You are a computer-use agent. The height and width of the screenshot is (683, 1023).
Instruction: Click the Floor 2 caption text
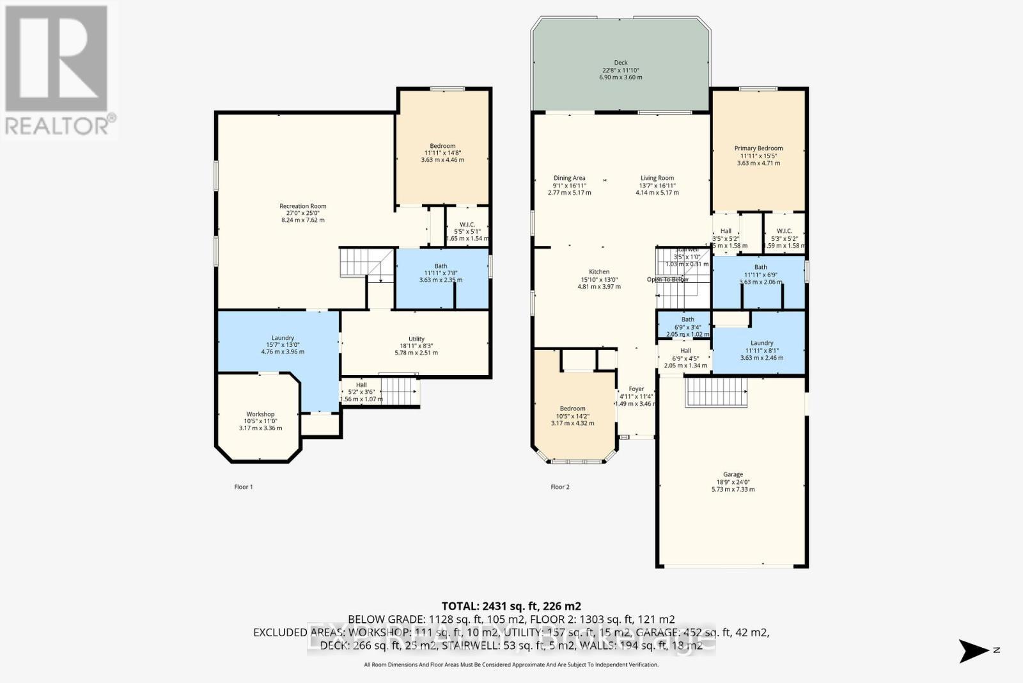click(559, 487)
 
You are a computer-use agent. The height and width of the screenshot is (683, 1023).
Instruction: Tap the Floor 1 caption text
click(244, 487)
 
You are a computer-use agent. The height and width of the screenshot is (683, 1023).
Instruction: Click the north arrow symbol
click(974, 651)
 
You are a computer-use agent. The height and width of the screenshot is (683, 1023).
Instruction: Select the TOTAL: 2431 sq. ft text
click(511, 606)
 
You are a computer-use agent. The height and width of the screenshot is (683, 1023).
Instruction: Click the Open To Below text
click(668, 280)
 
